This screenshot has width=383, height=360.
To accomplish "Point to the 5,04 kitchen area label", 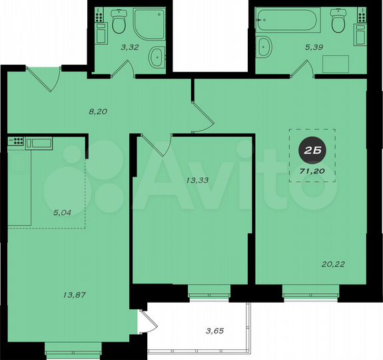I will tap(64, 214).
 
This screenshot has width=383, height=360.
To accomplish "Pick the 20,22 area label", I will tap(350, 265).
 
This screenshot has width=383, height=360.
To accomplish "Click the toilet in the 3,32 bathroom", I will tap(119, 23).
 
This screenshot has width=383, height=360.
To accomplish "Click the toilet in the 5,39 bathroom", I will tap(338, 23).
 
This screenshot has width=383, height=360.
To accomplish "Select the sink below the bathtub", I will tap(264, 47).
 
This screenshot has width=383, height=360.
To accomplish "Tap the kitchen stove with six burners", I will tap(15, 141).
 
